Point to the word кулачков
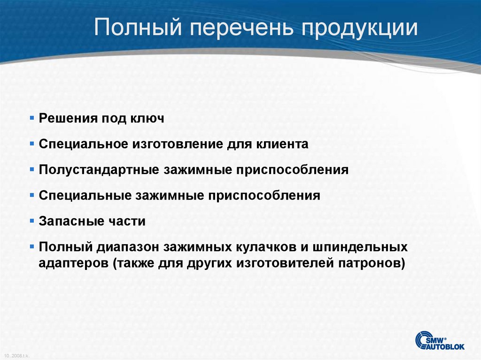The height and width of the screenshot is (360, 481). coord(273,247)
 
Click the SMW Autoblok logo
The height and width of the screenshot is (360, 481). coord(440,340)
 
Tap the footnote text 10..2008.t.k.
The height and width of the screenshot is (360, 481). coord(16,356)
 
